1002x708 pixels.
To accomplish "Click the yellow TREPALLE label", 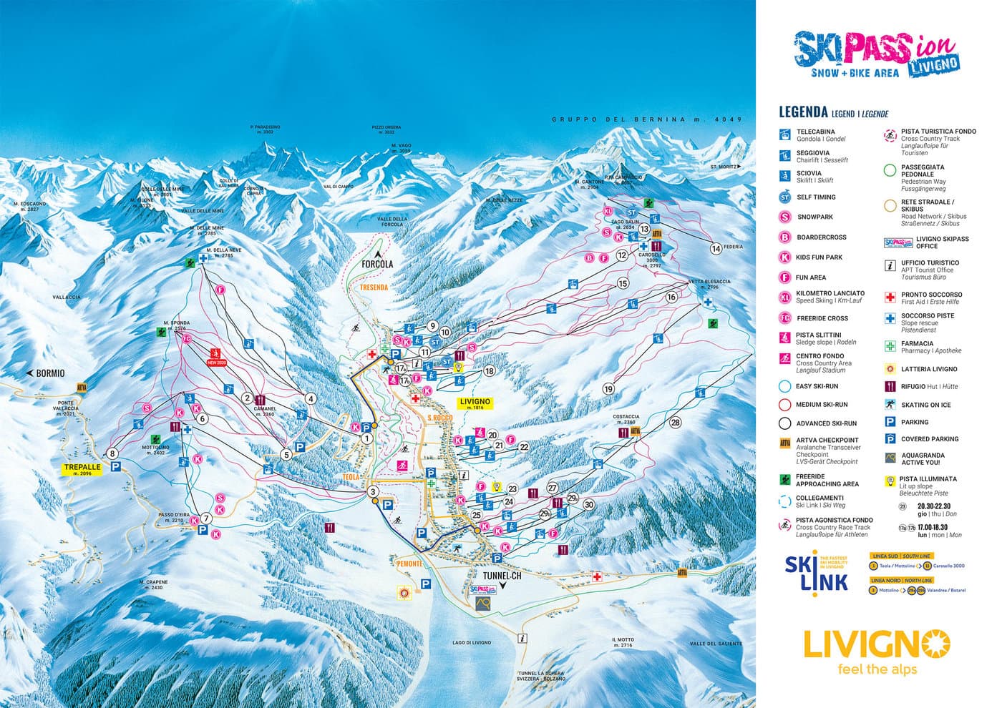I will (x=82, y=469).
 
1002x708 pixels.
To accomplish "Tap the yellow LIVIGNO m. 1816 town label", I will (x=475, y=404).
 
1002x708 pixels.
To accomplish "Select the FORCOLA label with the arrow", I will (x=377, y=262).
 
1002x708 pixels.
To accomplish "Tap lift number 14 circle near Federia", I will (x=715, y=249).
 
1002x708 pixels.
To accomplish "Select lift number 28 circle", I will (x=676, y=422).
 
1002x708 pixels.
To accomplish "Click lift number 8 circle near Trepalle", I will (x=112, y=453).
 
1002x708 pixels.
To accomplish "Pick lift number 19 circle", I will (x=608, y=389).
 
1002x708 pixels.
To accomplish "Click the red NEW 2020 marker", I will (x=215, y=355).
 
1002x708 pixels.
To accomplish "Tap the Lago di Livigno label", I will (x=472, y=642).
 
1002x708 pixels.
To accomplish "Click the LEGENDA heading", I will (x=802, y=112).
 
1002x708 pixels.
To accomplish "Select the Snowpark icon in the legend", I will (x=785, y=217).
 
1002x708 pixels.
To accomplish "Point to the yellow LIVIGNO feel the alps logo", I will (x=876, y=651).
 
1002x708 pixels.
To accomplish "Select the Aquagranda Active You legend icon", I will (x=890, y=458).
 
